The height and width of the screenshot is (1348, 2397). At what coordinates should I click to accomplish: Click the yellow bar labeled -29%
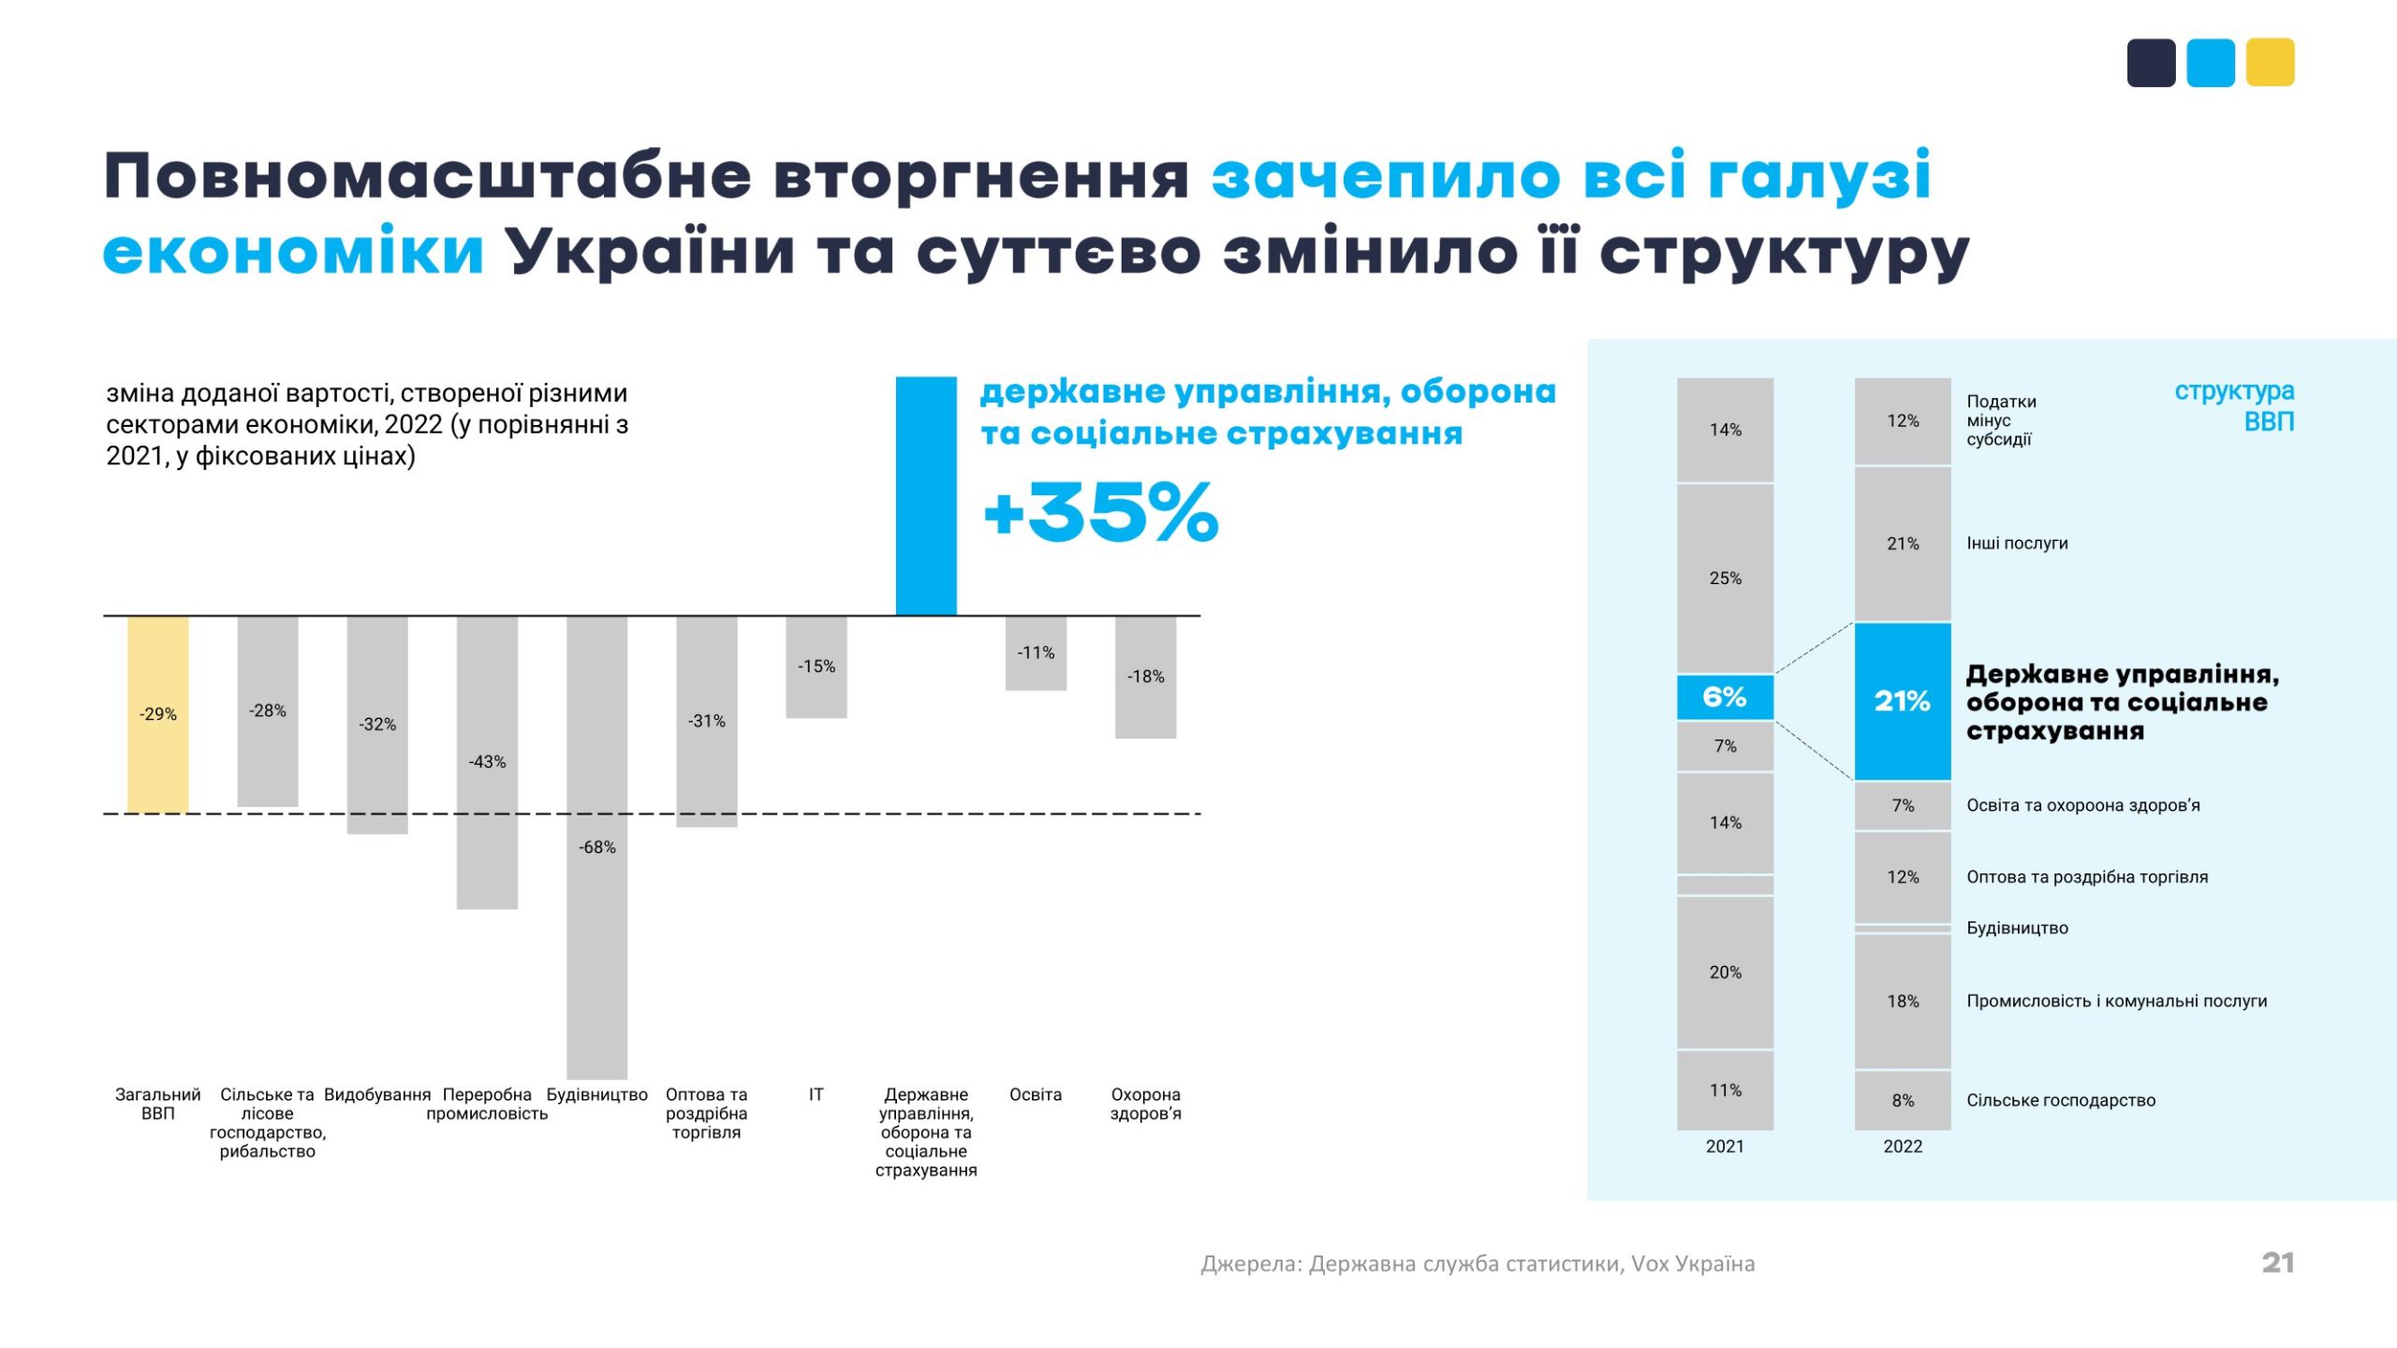(157, 713)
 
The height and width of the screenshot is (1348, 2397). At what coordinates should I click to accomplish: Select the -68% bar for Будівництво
(596, 846)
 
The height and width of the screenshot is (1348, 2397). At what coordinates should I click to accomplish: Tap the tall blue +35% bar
(925, 496)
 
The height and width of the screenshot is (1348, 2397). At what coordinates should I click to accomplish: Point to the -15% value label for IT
(816, 667)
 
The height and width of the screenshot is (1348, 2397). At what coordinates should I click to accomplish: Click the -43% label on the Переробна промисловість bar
(487, 762)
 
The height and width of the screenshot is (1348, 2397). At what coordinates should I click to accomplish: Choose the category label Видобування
(377, 1094)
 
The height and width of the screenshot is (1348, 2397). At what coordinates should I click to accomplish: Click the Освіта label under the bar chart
(1035, 1094)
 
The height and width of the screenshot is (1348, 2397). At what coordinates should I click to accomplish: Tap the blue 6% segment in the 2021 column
(1724, 697)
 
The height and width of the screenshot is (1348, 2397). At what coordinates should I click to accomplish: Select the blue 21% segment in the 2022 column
(1902, 701)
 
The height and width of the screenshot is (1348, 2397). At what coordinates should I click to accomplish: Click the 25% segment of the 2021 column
(1725, 579)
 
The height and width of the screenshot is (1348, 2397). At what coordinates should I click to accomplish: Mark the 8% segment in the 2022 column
(1903, 1100)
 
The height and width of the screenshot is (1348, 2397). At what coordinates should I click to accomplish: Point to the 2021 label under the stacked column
(1725, 1146)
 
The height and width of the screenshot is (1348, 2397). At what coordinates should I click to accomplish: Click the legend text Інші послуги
(2017, 543)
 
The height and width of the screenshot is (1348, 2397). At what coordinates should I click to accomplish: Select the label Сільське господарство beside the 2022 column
(2060, 1100)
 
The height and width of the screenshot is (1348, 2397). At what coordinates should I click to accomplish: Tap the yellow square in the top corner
(2270, 63)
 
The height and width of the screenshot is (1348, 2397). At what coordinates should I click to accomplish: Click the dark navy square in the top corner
(2151, 63)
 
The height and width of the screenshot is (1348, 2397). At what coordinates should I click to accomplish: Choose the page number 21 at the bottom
(2277, 1263)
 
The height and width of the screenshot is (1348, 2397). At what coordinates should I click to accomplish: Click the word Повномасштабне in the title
(427, 176)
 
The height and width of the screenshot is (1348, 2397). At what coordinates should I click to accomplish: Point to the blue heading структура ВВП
(2234, 405)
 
